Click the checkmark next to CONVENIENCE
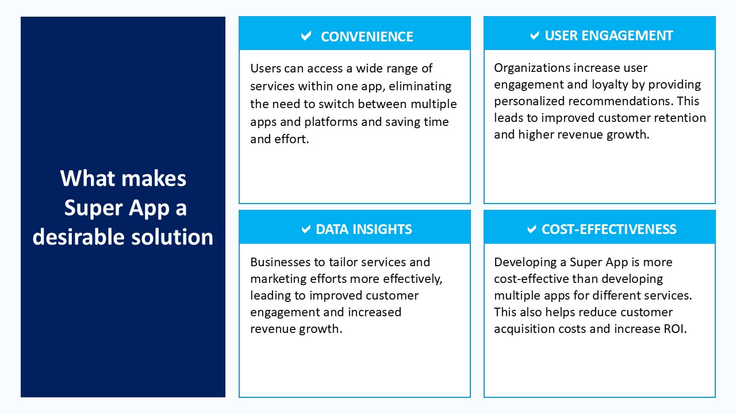pos(306,36)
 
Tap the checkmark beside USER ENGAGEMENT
pos(535,36)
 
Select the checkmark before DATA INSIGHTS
pos(306,229)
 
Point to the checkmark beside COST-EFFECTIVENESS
pos(532,229)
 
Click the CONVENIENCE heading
pos(367,36)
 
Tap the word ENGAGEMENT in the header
pos(627,36)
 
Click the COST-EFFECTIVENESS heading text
pos(609,229)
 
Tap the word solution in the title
pos(172,237)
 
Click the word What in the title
pos(88,179)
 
